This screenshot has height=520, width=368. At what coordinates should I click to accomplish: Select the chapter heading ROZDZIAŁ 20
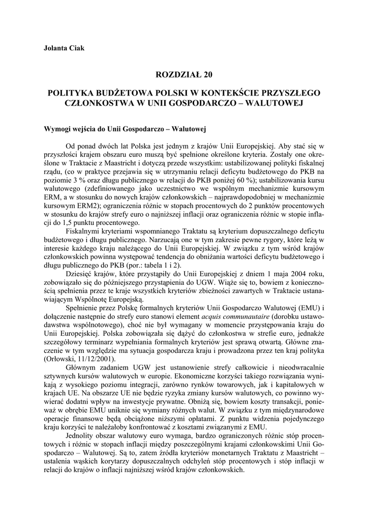183,75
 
